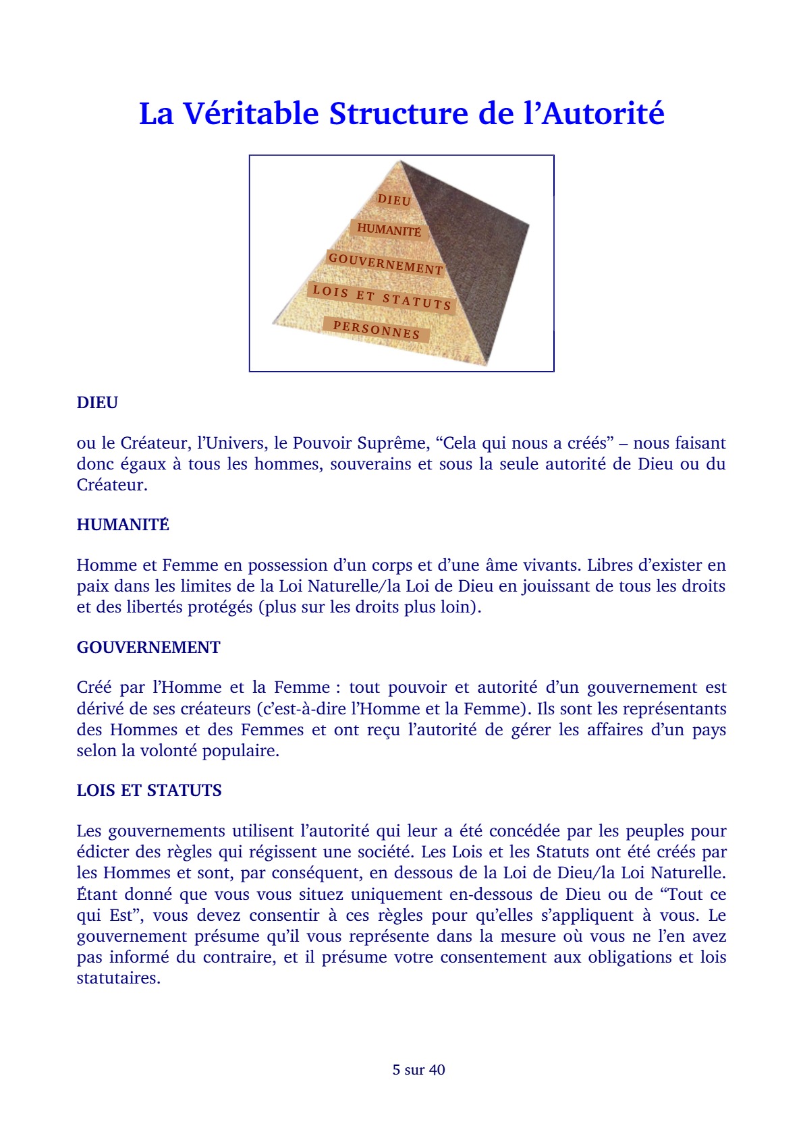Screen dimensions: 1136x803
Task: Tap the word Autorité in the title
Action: click(x=603, y=113)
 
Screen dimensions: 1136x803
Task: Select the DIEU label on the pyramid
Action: click(x=394, y=200)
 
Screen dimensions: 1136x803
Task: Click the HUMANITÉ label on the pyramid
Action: click(x=389, y=230)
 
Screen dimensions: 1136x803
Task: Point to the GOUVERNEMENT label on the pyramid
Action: click(x=385, y=264)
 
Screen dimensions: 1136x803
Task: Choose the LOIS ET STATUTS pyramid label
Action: click(x=381, y=297)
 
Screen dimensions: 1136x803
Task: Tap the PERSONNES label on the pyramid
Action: click(x=376, y=330)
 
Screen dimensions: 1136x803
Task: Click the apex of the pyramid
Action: click(x=401, y=162)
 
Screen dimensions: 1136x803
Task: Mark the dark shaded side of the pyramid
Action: click(x=472, y=256)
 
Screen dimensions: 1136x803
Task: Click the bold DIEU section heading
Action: click(x=97, y=403)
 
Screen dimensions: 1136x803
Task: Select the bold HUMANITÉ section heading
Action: click(x=123, y=525)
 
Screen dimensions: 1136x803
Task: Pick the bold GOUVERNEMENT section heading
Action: click(x=148, y=648)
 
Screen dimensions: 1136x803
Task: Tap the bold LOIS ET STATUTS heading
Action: click(x=149, y=791)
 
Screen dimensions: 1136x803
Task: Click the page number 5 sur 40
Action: click(x=418, y=1070)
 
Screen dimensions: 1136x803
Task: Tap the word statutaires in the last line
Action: click(x=117, y=978)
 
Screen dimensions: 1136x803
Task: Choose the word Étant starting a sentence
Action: click(x=97, y=894)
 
